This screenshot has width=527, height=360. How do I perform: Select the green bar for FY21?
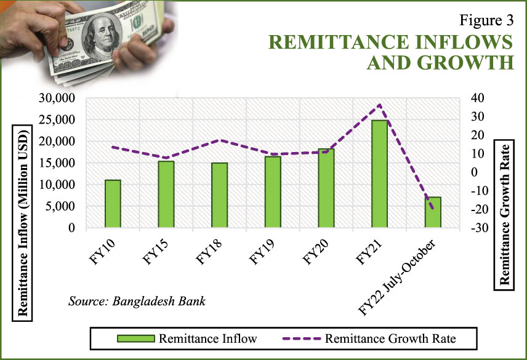pos(379,174)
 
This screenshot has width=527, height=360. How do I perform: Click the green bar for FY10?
pos(113,204)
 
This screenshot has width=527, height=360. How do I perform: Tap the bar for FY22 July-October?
pos(433,212)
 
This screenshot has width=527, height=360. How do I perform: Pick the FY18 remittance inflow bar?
pos(219,195)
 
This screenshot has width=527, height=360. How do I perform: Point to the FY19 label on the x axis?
pos(262,252)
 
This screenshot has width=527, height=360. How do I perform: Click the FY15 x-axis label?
pos(156,252)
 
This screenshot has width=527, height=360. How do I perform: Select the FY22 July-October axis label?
pos(398,278)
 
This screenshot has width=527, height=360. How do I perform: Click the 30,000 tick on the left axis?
pos(57,98)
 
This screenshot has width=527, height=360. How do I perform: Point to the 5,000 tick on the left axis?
pos(60,206)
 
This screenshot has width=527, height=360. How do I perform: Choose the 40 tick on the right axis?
pos(477,98)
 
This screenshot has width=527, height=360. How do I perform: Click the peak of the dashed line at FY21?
pos(380,105)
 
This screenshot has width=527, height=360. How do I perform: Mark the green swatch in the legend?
pos(136,338)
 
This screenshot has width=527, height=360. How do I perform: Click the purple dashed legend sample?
pos(302,338)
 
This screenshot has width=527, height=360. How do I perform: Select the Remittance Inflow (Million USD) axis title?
pos(23,223)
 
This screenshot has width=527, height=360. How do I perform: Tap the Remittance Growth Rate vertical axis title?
pos(504,215)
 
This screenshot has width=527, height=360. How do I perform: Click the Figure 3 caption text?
pos(486,20)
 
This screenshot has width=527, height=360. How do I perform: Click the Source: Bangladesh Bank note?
pos(137,301)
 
